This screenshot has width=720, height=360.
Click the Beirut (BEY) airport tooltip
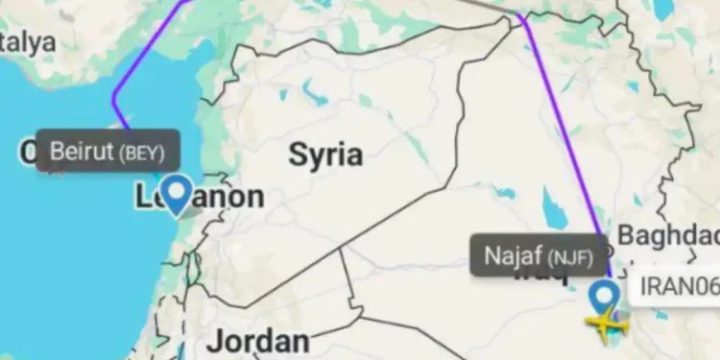(108, 151)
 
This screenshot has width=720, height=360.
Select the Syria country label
(325, 154)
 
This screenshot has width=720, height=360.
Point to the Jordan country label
(259, 341)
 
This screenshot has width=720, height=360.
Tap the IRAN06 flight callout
(678, 287)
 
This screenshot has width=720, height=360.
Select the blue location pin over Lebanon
(177, 195)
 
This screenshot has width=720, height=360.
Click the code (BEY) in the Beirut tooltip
(142, 152)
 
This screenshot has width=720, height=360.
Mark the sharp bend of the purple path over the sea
(113, 97)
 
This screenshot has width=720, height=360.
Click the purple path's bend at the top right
(520, 16)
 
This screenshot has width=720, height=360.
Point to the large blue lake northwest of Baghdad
(556, 204)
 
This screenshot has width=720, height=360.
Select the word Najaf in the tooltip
(513, 256)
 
